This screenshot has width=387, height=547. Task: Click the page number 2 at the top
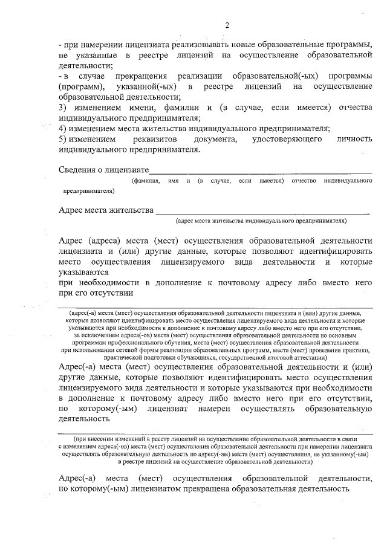click(227, 25)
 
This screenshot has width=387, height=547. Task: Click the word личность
click(354, 140)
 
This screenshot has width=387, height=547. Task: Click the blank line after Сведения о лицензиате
click(260, 173)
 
